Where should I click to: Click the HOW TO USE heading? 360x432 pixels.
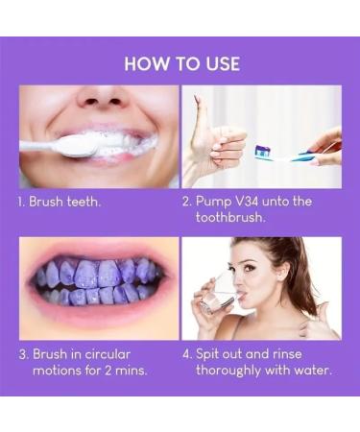pyautogui.click(x=180, y=63)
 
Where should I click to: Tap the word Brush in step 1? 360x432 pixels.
pyautogui.click(x=48, y=203)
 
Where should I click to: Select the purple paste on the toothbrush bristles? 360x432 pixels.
pyautogui.click(x=262, y=150)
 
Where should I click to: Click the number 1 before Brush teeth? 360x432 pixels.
pyautogui.click(x=21, y=203)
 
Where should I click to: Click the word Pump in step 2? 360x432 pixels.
pyautogui.click(x=216, y=203)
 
